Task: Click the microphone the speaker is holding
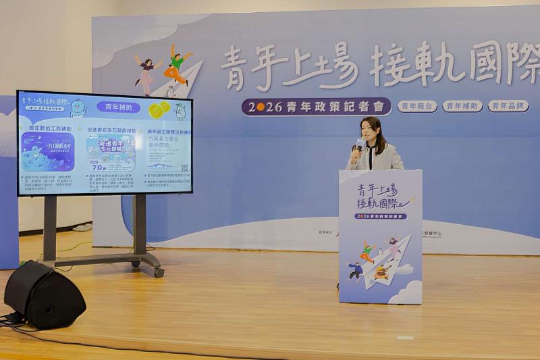tap(360, 144)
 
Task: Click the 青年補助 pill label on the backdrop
tap(462, 106)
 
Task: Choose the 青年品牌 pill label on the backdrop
tap(508, 106)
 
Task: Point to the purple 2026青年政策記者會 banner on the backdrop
tap(316, 107)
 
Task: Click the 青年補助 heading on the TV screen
tap(118, 107)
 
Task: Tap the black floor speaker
tap(44, 294)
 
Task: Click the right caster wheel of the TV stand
tap(159, 272)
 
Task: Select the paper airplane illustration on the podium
tap(390, 260)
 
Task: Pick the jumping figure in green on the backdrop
tap(176, 65)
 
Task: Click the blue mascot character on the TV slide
tap(78, 107)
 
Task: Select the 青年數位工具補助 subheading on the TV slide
tap(50, 128)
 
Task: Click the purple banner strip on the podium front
tap(381, 216)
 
